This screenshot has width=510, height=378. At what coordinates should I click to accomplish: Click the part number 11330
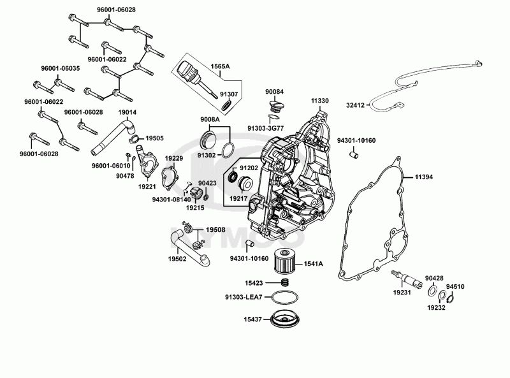coord(320,101)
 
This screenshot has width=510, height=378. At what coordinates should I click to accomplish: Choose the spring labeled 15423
coord(286,282)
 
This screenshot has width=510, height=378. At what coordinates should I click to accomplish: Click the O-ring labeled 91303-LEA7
coord(283,296)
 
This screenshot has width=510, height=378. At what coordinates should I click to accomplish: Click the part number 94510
coord(455,287)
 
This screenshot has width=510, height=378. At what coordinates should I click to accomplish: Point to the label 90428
coord(435,279)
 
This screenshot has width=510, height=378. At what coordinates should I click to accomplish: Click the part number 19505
coord(154,138)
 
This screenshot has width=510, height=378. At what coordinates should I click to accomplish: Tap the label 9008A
coord(210,119)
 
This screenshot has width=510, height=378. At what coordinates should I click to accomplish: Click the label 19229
coord(174,157)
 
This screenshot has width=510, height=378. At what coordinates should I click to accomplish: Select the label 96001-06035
coord(43,69)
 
